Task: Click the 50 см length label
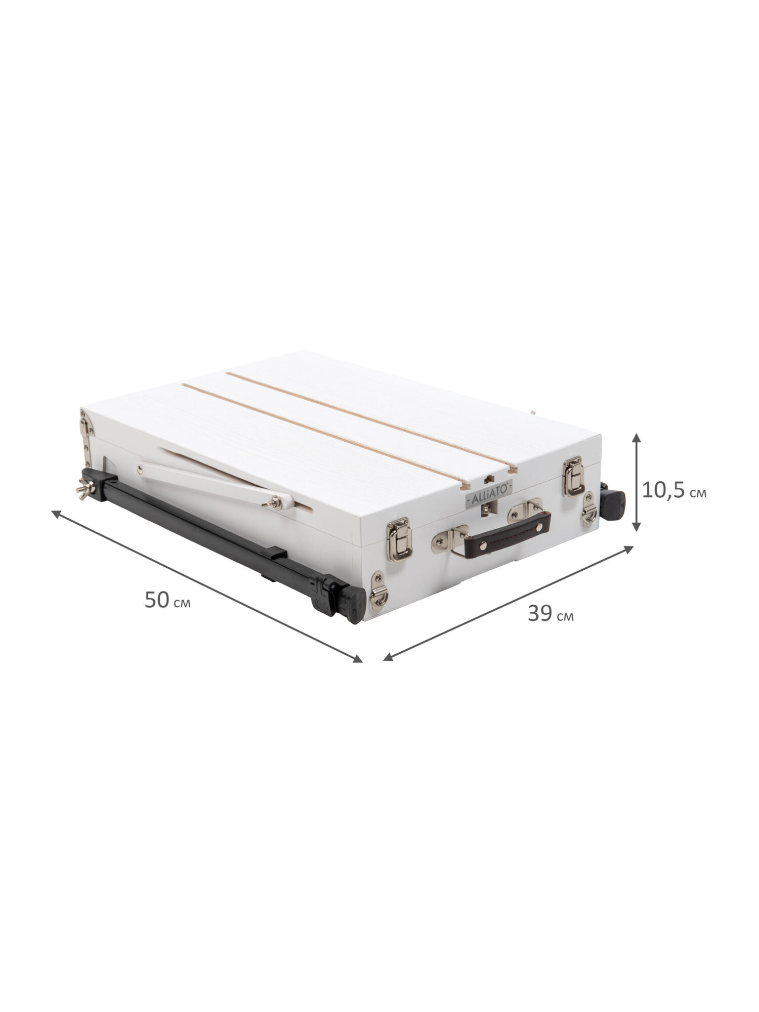167,601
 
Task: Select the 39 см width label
551,614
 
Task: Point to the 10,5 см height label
674,490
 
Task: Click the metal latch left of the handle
399,538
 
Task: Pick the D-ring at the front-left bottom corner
378,589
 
